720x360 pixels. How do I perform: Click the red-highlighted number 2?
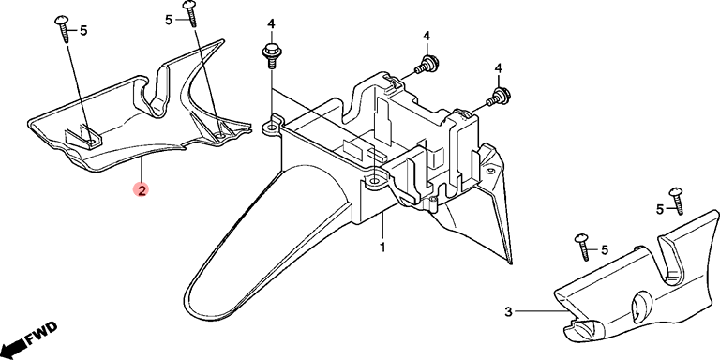pyautogui.click(x=142, y=190)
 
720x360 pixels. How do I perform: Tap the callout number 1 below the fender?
pyautogui.click(x=382, y=247)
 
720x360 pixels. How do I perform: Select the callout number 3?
pyautogui.click(x=508, y=312)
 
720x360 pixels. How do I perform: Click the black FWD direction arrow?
pyautogui.click(x=12, y=344)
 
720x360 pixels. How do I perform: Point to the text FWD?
pyautogui.click(x=41, y=334)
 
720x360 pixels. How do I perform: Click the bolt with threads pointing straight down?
pyautogui.click(x=271, y=56)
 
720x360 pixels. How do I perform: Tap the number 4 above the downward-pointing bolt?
pyautogui.click(x=271, y=23)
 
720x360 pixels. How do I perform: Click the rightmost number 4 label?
pyautogui.click(x=499, y=67)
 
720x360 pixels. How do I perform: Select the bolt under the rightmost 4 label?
pyautogui.click(x=498, y=96)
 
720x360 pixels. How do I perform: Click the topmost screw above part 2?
pyautogui.click(x=190, y=13)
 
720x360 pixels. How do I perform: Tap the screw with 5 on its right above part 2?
pyautogui.click(x=63, y=28)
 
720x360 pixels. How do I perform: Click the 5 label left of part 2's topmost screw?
pyautogui.click(x=169, y=21)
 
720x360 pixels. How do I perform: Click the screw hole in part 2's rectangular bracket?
pyautogui.click(x=92, y=142)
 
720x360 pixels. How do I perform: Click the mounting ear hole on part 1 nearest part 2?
pyautogui.click(x=271, y=127)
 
